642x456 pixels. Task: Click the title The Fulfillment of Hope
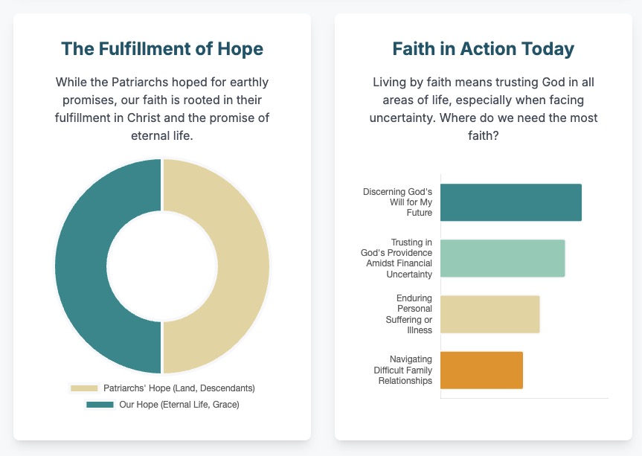pos(161,49)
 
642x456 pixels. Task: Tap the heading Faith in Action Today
pos(483,49)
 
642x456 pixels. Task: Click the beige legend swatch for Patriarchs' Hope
pos(84,388)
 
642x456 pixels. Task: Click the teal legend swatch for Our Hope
pos(100,405)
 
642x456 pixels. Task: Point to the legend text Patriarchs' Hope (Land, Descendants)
pos(179,388)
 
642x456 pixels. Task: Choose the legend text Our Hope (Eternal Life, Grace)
pos(179,405)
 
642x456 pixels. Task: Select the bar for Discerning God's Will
pos(510,202)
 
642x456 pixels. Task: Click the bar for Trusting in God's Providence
pos(502,258)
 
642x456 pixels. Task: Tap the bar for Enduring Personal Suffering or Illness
pos(489,314)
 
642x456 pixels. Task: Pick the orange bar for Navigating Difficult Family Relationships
pos(481,370)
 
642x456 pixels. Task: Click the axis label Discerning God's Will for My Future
pos(397,202)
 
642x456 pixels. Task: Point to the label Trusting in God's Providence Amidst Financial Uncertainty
pos(397,258)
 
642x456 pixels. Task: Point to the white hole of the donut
pos(161,266)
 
